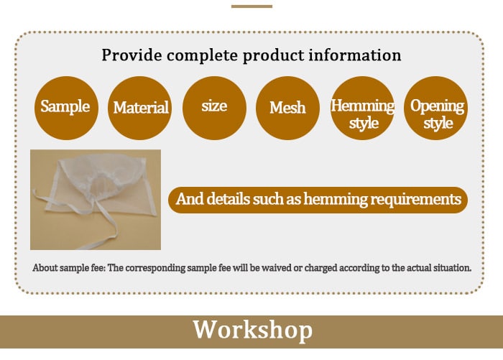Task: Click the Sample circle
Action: tap(66, 108)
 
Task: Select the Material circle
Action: tap(139, 108)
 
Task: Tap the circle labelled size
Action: tap(214, 108)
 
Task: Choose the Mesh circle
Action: tap(287, 108)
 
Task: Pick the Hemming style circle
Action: tap(362, 108)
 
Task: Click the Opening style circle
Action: tap(435, 108)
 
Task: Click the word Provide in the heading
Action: tap(131, 55)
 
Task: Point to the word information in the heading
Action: tap(355, 55)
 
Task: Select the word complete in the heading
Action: tap(202, 56)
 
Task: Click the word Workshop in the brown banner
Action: tap(252, 330)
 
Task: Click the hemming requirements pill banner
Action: tap(318, 200)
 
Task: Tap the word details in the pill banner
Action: tap(228, 198)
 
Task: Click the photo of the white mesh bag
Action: tap(96, 200)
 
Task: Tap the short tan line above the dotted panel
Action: tap(251, 6)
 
